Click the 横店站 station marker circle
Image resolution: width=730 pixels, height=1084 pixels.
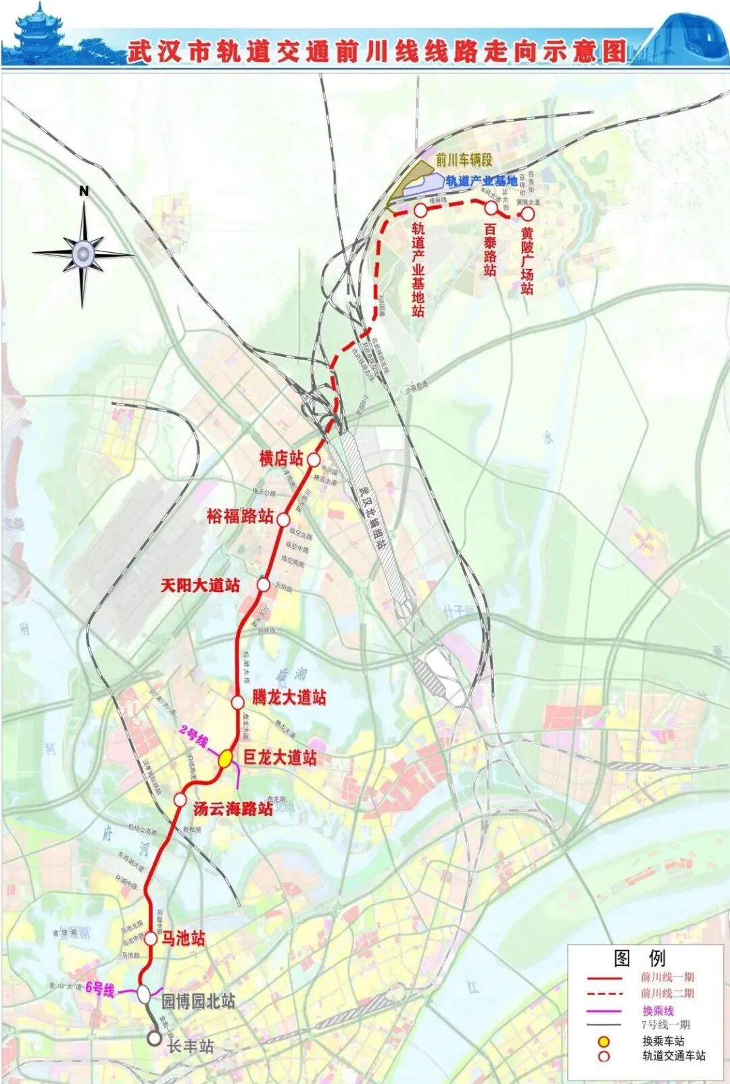click(x=314, y=460)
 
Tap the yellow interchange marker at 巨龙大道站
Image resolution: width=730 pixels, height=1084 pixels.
click(x=226, y=758)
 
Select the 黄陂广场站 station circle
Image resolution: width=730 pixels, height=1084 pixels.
click(x=527, y=214)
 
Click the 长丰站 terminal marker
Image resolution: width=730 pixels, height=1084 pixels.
click(x=155, y=1037)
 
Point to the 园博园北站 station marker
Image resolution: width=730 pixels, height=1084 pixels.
click(x=144, y=994)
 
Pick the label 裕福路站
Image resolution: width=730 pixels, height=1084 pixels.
click(x=240, y=517)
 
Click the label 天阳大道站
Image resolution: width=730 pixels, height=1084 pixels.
click(x=200, y=585)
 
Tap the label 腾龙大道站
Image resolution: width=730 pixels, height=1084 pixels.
click(x=289, y=697)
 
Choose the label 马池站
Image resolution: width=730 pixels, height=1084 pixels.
click(x=182, y=938)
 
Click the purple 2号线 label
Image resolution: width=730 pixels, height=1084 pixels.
click(x=194, y=737)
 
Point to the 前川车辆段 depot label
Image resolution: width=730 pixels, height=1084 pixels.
click(x=464, y=160)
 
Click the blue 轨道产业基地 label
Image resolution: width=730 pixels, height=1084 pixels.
click(x=481, y=180)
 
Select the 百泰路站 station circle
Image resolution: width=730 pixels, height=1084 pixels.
click(x=491, y=208)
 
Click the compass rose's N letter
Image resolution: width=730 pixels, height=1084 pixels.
click(x=84, y=191)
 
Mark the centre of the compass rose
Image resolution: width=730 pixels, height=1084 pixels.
click(x=83, y=253)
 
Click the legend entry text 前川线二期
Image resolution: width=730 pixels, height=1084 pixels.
click(x=667, y=993)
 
